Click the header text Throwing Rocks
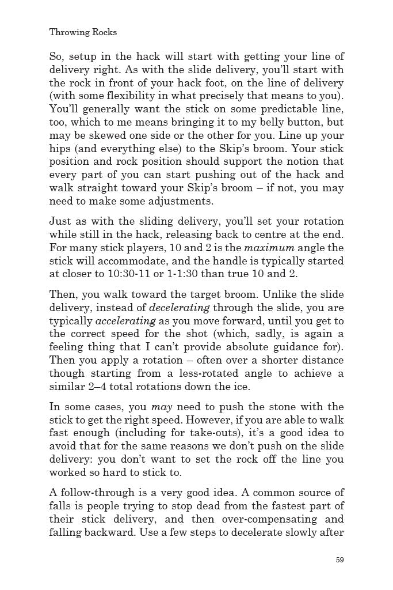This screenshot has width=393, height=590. (83, 32)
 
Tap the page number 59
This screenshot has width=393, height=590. (339, 559)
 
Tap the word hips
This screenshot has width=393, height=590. (60, 149)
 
